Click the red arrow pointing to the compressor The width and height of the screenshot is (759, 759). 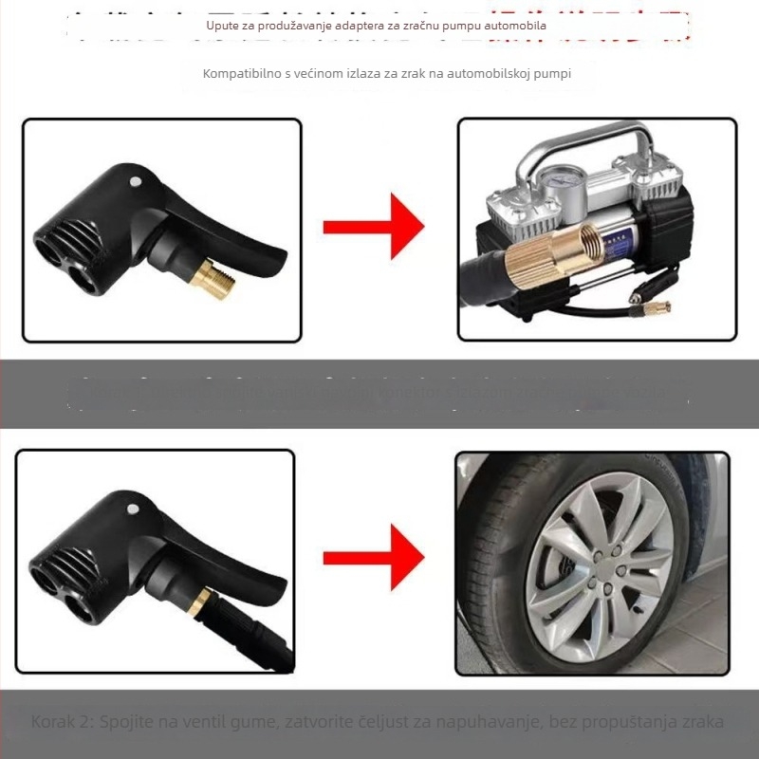tap(372, 228)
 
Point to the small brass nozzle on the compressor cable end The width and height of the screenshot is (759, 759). tap(655, 307)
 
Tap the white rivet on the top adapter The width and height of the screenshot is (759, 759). tap(135, 180)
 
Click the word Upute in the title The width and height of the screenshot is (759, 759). tap(223, 25)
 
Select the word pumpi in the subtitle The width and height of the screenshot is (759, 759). tap(551, 73)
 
